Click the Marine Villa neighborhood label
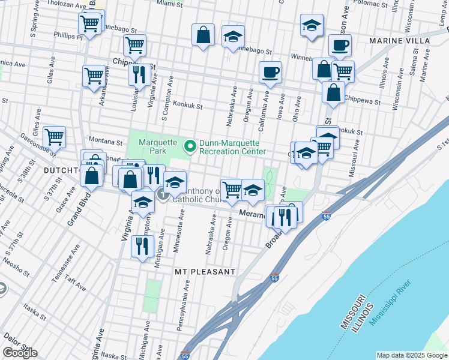click(400, 40)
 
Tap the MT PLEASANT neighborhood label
click(205, 272)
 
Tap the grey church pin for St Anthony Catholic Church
click(163, 196)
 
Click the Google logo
click(20, 353)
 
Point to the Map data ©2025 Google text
click(411, 355)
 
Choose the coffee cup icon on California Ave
click(270, 73)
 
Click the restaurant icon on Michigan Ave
click(142, 246)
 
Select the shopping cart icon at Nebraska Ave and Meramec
click(232, 190)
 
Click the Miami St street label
click(169, 4)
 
